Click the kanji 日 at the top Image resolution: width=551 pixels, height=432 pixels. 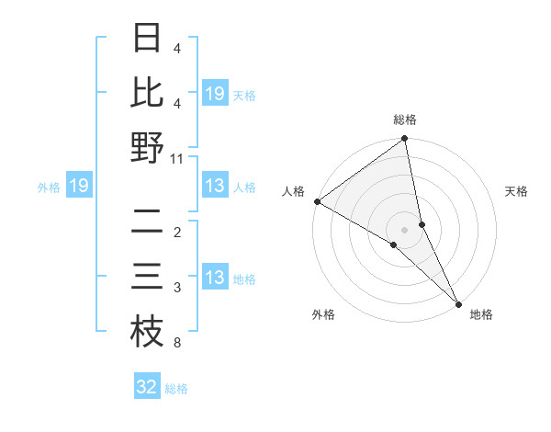147,38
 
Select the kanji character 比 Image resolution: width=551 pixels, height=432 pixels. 147,93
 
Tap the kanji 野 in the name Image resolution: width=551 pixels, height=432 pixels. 147,148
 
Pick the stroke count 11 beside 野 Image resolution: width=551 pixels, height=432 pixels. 177,159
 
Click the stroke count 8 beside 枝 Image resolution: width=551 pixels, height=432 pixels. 176,344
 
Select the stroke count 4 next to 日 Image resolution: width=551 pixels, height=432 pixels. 176,49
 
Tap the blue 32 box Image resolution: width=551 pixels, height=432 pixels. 147,387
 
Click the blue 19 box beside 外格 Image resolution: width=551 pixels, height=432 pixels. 79,187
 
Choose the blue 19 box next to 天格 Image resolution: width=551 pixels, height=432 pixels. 215,93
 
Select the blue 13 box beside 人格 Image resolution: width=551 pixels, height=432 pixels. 215,187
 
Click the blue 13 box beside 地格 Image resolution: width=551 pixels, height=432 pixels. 215,278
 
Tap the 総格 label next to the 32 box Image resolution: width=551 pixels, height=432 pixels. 177,388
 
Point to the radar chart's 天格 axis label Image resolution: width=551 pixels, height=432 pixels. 517,191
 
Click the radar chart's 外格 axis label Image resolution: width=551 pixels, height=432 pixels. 323,315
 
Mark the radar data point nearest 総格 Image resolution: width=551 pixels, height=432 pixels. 405,140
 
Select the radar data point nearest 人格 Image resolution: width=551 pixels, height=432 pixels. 317,201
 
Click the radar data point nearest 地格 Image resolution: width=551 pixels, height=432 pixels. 458,303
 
